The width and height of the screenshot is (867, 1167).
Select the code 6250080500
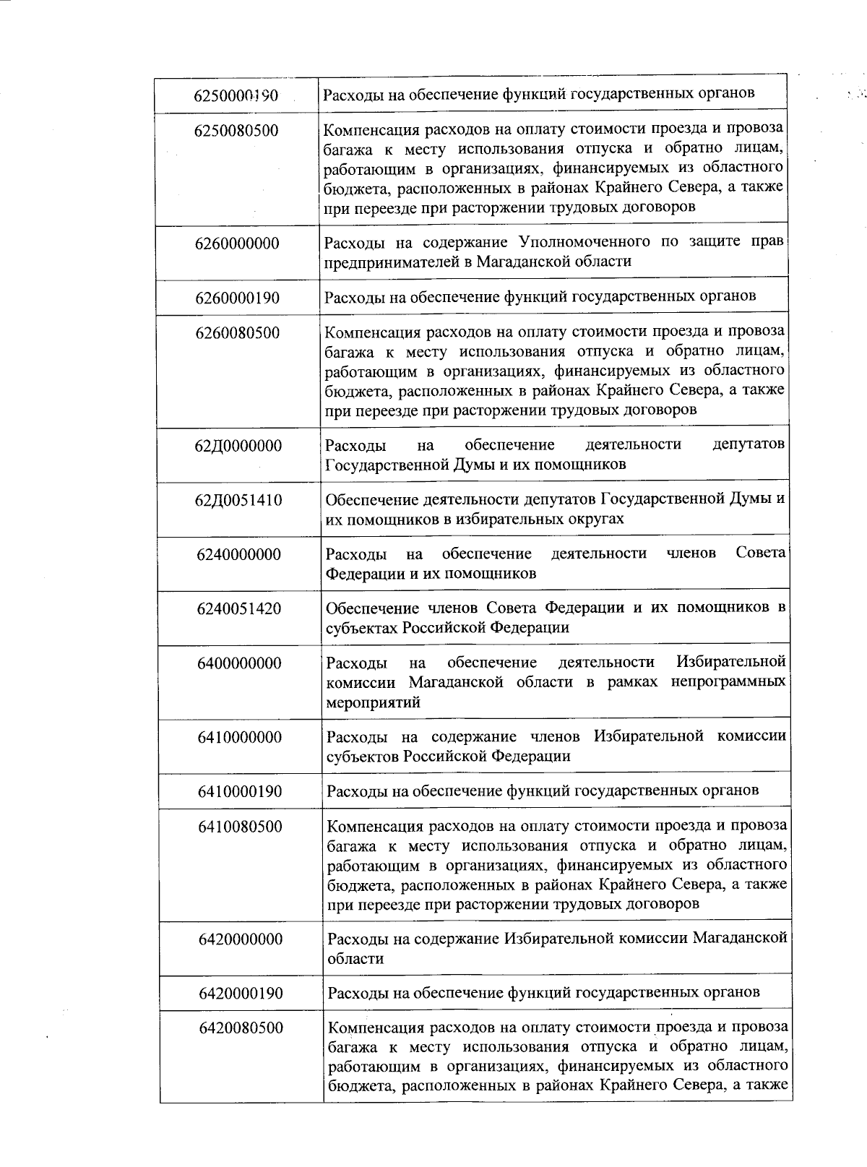point(236,131)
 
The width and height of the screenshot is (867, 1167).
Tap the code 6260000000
point(237,244)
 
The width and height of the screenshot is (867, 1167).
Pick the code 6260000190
point(237,298)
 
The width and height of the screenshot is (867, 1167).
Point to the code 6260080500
point(237,333)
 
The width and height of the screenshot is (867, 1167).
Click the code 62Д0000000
point(238,446)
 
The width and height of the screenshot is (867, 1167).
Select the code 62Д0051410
point(238,500)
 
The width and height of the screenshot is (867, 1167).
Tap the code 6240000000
point(238,555)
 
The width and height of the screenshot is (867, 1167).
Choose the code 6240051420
point(238,608)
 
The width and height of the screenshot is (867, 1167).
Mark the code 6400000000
point(239,663)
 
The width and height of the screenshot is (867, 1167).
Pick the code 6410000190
point(240,791)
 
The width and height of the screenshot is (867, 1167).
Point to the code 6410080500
point(240,827)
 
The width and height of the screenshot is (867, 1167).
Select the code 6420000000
point(241,939)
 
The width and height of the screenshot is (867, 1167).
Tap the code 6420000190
point(241,993)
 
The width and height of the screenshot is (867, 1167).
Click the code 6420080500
point(241,1028)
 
